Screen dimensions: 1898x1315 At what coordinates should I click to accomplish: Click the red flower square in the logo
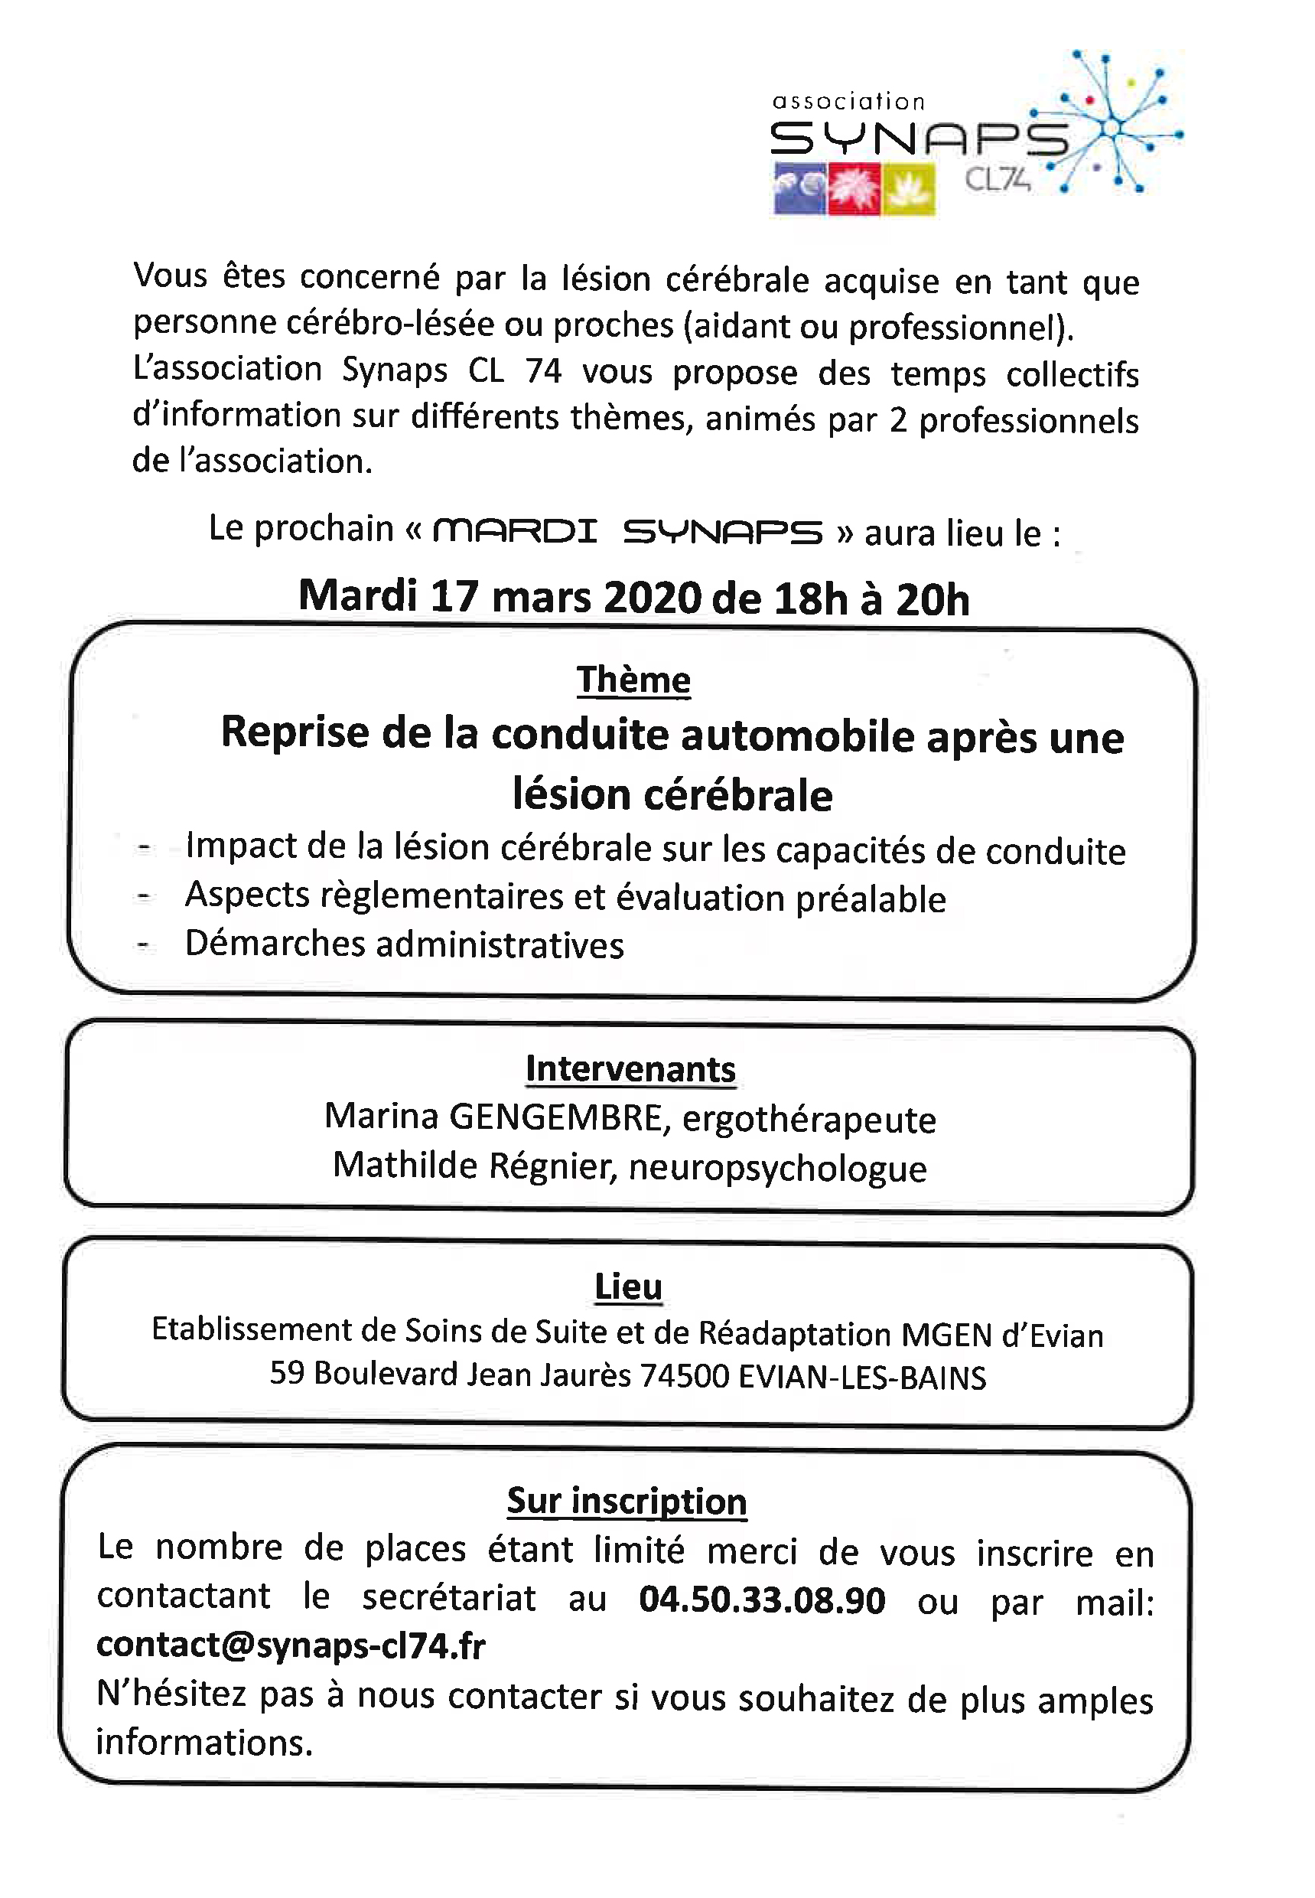854,190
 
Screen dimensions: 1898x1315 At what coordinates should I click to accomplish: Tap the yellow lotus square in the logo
908,190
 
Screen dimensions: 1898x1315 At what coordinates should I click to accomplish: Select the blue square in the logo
799,190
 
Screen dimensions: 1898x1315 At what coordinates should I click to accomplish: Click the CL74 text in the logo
997,179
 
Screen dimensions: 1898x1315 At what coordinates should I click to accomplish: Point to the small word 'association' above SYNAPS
848,101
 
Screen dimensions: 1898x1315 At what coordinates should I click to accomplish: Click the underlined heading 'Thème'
633,680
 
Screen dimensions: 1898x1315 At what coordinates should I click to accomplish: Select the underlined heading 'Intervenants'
630,1069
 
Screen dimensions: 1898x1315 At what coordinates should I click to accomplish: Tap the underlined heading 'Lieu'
628,1286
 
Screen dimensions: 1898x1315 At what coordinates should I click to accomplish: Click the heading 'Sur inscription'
627,1500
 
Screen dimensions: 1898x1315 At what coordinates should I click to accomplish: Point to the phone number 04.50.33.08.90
761,1600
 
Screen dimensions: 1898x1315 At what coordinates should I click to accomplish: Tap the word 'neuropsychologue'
778,1168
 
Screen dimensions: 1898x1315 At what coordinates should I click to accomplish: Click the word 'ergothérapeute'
809,1119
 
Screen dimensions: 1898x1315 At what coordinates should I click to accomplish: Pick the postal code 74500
684,1375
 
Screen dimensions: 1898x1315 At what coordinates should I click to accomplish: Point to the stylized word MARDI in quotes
514,530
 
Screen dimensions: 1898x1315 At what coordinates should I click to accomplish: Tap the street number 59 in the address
287,1372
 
